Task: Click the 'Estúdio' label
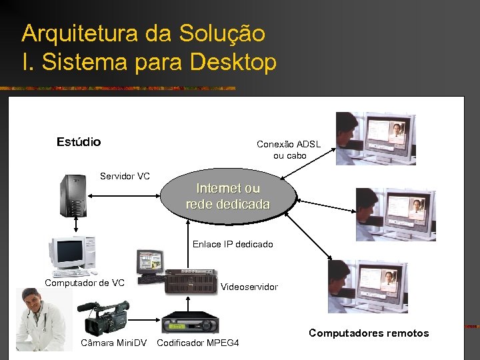pyautogui.click(x=79, y=142)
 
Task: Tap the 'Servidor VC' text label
pyautogui.click(x=125, y=177)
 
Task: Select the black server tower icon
pyautogui.click(x=74, y=195)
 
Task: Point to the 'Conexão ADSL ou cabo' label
pyautogui.click(x=289, y=149)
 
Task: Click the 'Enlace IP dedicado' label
pyautogui.click(x=233, y=244)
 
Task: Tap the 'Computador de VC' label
pyautogui.click(x=85, y=283)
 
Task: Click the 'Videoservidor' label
pyautogui.click(x=249, y=287)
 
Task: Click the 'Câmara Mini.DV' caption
pyautogui.click(x=113, y=343)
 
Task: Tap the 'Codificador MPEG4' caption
pyautogui.click(x=197, y=343)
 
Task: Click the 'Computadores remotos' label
pyautogui.click(x=369, y=333)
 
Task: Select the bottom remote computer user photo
pyautogui.click(x=367, y=287)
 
